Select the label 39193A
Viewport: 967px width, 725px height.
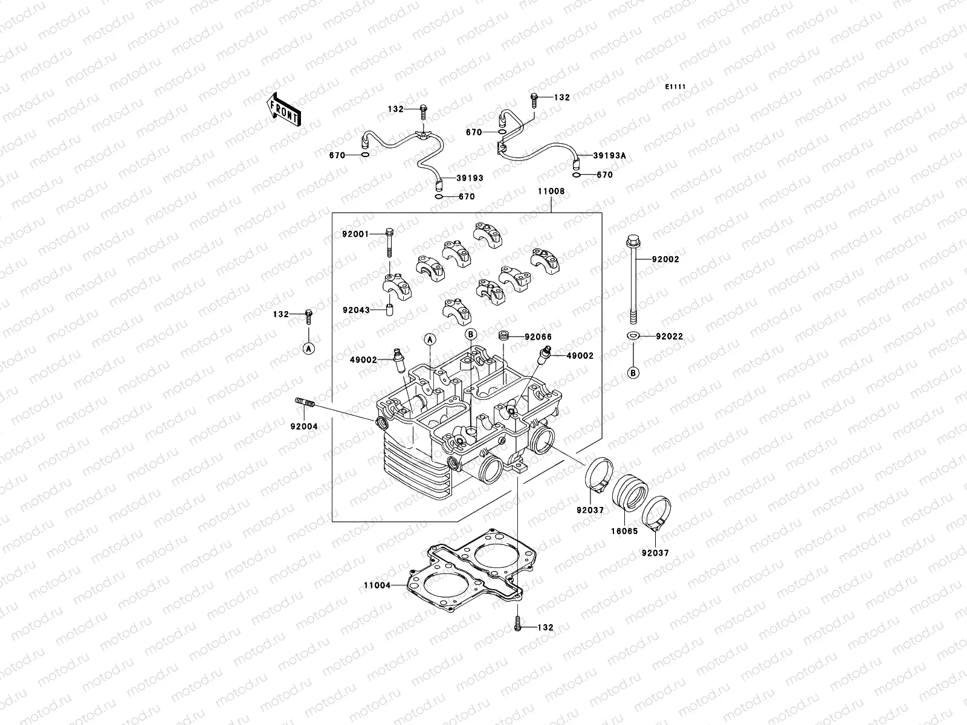[609, 156]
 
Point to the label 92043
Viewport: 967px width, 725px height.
[355, 309]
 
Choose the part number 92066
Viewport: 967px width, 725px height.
[538, 337]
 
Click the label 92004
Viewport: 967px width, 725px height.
[303, 426]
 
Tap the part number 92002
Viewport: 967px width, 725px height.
[665, 259]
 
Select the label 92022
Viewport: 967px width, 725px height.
[669, 337]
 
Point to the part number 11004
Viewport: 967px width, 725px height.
[377, 585]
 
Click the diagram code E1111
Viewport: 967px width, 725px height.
[675, 87]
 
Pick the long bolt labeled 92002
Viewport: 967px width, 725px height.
[633, 278]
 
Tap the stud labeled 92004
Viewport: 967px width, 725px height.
[306, 402]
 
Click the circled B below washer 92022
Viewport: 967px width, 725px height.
[633, 373]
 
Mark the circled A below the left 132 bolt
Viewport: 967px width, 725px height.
[309, 349]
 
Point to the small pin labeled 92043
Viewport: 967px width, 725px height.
[390, 311]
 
